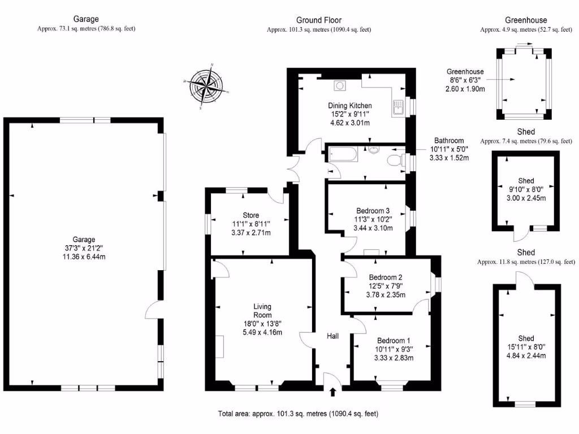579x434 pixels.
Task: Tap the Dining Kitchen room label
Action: point(350,105)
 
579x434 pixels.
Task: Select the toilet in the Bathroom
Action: point(394,161)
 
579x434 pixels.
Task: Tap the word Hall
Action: point(332,336)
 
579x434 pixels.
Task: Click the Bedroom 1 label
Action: point(394,341)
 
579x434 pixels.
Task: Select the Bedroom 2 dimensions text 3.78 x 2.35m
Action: point(385,294)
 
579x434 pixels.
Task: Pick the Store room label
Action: point(251,215)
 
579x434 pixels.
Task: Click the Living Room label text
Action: point(262,311)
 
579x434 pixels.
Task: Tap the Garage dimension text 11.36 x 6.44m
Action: point(84,257)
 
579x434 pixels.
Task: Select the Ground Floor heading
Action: point(319,20)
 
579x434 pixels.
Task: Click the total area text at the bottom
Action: point(298,414)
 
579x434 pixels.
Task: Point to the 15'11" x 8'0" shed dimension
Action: point(526,346)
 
